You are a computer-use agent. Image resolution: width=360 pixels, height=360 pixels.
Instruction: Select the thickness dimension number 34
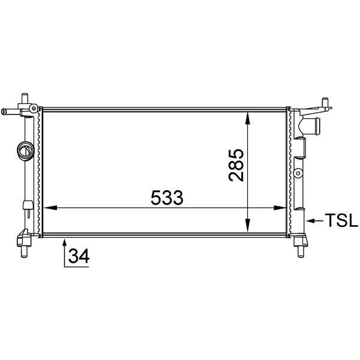coord(79,256)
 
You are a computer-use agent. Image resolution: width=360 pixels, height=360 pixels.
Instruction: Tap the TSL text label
coord(341,221)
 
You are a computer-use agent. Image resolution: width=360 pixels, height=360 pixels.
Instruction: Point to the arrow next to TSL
coord(314,221)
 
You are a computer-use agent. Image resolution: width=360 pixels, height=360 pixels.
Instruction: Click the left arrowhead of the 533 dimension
coord(50,208)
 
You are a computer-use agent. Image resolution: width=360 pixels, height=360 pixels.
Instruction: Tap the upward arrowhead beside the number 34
coord(64,243)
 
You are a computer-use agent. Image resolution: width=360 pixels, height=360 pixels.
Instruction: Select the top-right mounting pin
coord(325,101)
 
